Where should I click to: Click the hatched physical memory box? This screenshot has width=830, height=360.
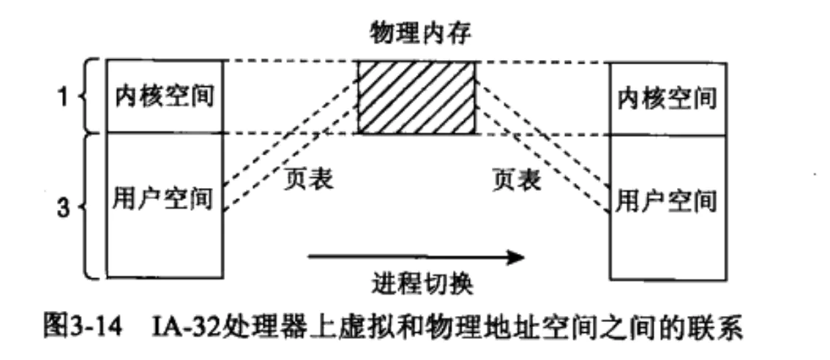[x=416, y=97]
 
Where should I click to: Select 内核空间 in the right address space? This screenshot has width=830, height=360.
[x=667, y=97]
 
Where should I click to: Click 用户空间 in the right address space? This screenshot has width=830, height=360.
[x=667, y=198]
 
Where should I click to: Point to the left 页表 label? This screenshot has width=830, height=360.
[x=307, y=179]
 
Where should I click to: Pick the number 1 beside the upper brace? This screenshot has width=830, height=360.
[x=64, y=98]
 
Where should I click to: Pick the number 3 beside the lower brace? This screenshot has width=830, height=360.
[x=64, y=207]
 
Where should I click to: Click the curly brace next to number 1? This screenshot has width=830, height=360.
[x=90, y=97]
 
